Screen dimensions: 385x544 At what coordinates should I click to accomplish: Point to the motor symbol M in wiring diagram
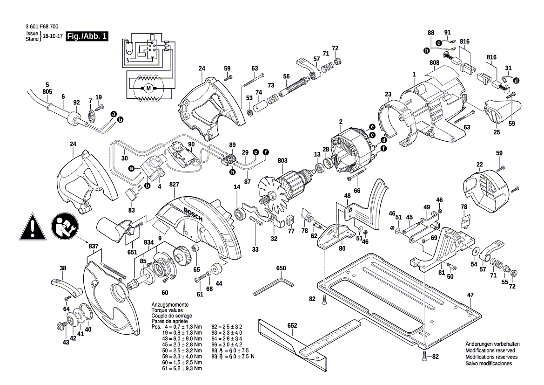point(148,88)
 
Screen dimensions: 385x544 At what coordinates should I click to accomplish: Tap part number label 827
point(175,185)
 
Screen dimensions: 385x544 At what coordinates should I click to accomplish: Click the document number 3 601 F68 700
point(43,27)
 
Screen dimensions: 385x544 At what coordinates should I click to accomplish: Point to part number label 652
point(292,325)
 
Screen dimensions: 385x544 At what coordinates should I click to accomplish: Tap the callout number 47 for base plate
point(470,295)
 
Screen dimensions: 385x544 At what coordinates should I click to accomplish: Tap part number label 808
point(434,62)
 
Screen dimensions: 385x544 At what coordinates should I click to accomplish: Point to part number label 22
point(479,164)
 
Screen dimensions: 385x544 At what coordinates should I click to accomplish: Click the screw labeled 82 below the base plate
point(424,356)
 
